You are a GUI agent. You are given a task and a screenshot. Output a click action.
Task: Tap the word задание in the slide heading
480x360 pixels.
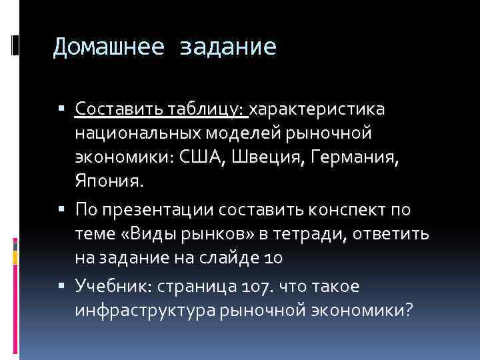[228, 46]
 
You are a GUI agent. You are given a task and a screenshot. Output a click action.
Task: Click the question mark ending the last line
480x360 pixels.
[408, 311]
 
